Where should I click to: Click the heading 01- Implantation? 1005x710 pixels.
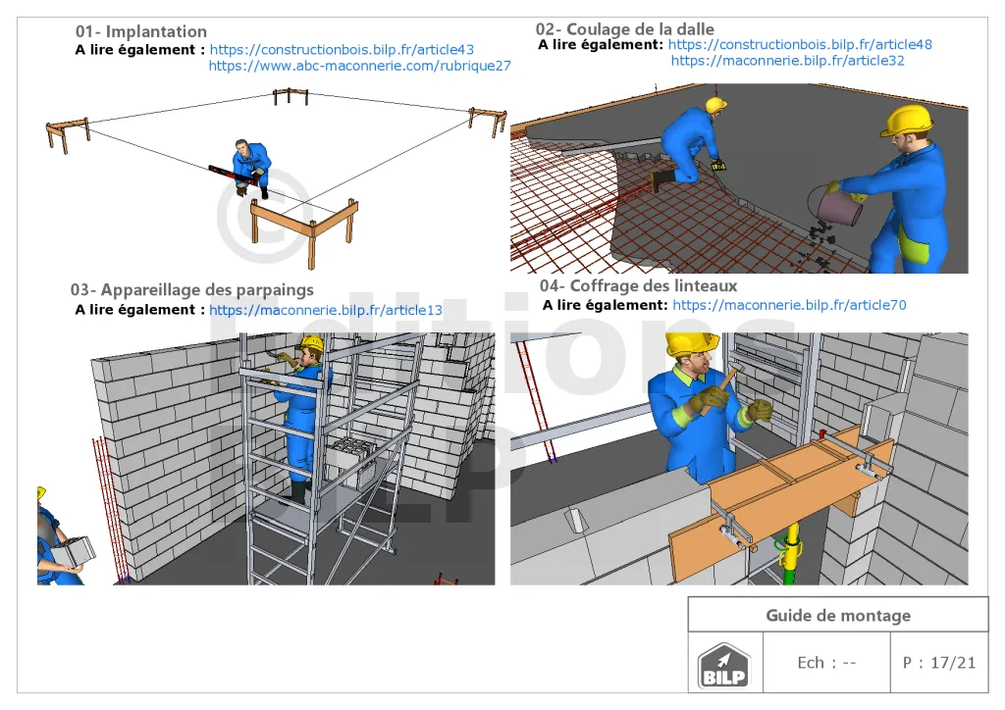pyautogui.click(x=141, y=31)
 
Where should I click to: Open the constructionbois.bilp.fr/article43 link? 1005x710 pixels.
pyautogui.click(x=342, y=50)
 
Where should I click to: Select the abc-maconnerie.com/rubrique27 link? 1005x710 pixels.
pyautogui.click(x=359, y=66)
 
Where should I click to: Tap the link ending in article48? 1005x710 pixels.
pyautogui.click(x=800, y=45)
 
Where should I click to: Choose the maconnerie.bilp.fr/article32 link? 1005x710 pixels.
pyautogui.click(x=788, y=61)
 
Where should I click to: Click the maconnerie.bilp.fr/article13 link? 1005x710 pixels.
pyautogui.click(x=326, y=310)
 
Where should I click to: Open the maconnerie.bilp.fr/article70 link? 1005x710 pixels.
pyautogui.click(x=790, y=305)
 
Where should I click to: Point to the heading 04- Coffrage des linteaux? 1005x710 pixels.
pyautogui.click(x=638, y=285)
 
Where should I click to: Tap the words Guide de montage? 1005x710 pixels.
pyautogui.click(x=838, y=615)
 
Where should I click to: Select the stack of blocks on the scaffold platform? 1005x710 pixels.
pyautogui.click(x=351, y=462)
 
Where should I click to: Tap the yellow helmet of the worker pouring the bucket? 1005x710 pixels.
pyautogui.click(x=907, y=121)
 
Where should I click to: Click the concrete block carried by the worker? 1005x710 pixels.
pyautogui.click(x=74, y=552)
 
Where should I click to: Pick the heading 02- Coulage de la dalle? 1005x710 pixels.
pyautogui.click(x=625, y=28)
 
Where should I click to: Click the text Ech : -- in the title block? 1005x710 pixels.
pyautogui.click(x=826, y=663)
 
